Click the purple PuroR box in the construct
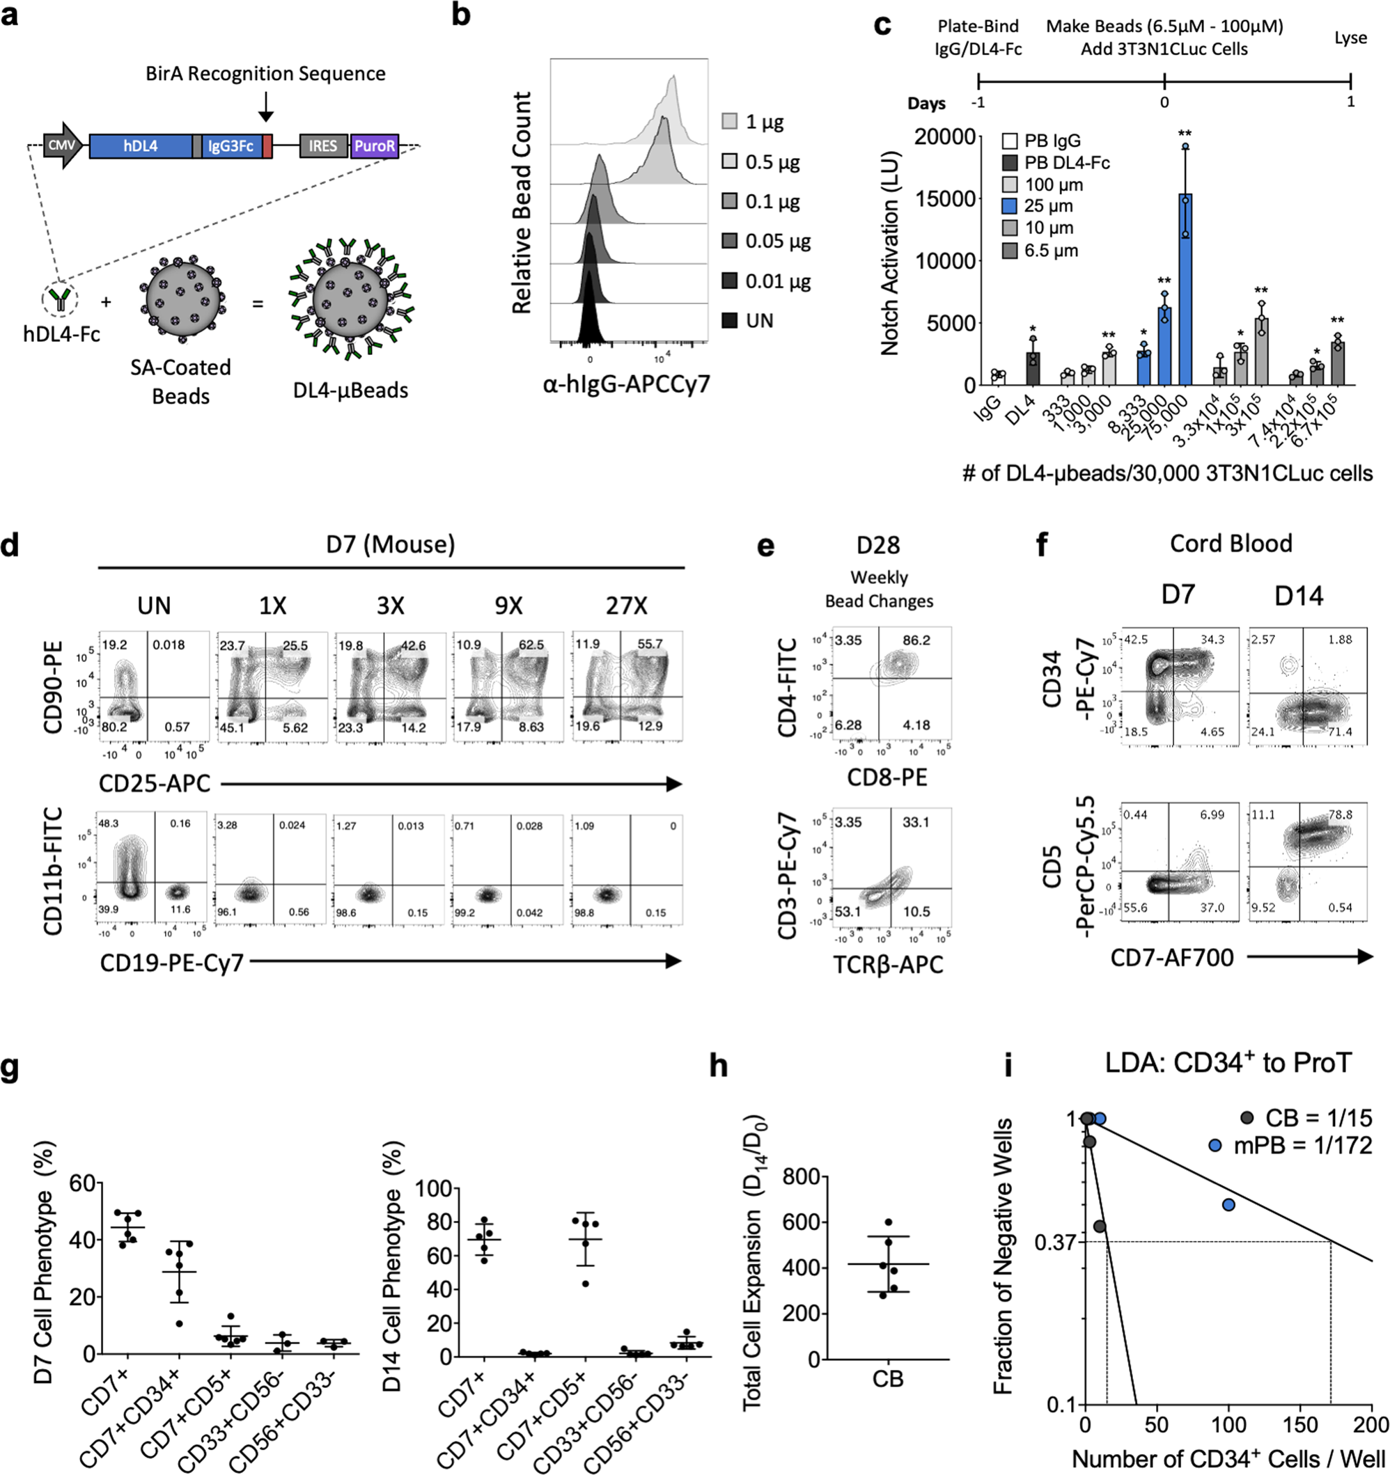click(375, 145)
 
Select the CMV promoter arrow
click(63, 145)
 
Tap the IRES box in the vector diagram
click(323, 145)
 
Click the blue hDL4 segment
click(140, 145)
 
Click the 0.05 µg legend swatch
click(731, 241)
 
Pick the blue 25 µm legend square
click(1010, 206)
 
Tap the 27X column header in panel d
click(626, 606)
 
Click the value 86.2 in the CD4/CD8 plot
click(916, 640)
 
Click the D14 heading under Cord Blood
click(1298, 596)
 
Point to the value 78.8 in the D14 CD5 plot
click(1341, 814)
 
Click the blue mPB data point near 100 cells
click(1229, 1205)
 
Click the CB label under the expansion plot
click(888, 1378)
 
